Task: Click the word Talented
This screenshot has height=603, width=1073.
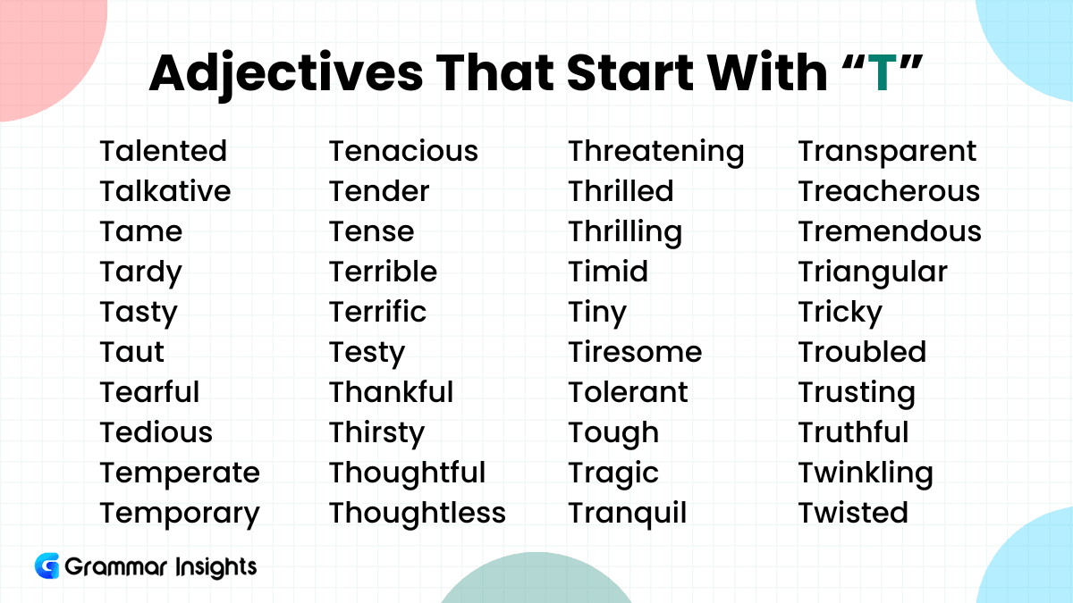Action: (x=163, y=151)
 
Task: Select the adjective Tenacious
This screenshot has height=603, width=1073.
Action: (x=403, y=151)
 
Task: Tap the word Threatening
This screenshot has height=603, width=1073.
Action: (x=655, y=153)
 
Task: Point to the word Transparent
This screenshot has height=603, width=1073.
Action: (x=887, y=153)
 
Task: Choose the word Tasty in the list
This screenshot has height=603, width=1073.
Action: (x=139, y=314)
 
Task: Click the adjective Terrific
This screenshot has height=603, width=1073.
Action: (x=377, y=312)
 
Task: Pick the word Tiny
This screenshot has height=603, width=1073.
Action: (x=597, y=314)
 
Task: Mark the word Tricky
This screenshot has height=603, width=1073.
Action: (x=840, y=314)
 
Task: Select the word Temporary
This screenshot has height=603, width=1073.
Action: (x=180, y=515)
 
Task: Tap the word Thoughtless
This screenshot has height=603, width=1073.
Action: (x=418, y=513)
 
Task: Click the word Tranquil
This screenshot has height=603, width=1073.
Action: (x=628, y=515)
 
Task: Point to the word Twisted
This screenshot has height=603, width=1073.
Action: (x=853, y=513)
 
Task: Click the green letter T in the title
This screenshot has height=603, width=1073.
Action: (x=883, y=72)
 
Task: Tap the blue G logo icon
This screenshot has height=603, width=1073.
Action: (x=46, y=565)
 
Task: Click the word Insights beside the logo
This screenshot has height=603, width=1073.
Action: (x=216, y=567)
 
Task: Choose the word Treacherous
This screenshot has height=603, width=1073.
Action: (x=889, y=191)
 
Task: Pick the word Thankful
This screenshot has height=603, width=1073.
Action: (x=391, y=392)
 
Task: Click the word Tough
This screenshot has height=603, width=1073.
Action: (x=613, y=434)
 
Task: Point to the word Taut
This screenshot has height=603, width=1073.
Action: (x=131, y=352)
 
